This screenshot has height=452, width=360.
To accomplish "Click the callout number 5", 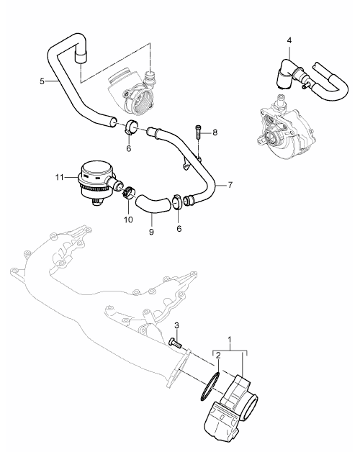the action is (42, 81).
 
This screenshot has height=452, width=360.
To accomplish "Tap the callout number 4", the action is (289, 40).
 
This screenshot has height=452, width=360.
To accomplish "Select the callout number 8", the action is (215, 132).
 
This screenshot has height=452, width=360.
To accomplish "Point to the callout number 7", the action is (230, 185).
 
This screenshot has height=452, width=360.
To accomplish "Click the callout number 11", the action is (60, 177).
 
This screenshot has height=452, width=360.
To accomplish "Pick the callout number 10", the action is (128, 220).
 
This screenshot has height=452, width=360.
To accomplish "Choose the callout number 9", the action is (152, 232).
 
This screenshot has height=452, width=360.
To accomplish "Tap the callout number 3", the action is (176, 326).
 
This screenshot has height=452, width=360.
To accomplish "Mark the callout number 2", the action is (218, 355).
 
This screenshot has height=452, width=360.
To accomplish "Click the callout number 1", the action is (230, 340).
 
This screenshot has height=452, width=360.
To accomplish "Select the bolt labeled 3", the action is (174, 343).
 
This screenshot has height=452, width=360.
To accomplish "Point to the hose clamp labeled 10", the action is (128, 193).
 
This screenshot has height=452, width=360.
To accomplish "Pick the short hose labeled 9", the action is (153, 204).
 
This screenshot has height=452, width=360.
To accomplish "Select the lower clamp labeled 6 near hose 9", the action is (177, 201).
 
